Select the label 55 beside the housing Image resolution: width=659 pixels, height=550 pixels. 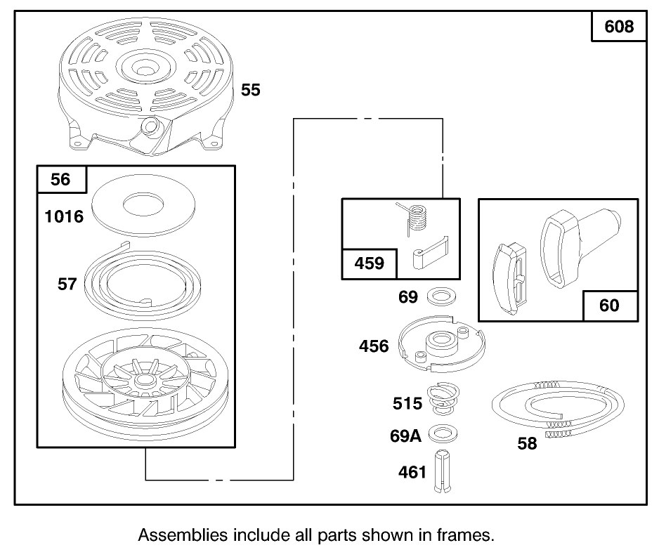click(251, 90)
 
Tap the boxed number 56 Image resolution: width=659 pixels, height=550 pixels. click(60, 179)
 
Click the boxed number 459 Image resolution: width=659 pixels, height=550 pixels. click(370, 263)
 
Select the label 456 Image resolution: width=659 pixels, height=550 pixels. click(374, 346)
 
